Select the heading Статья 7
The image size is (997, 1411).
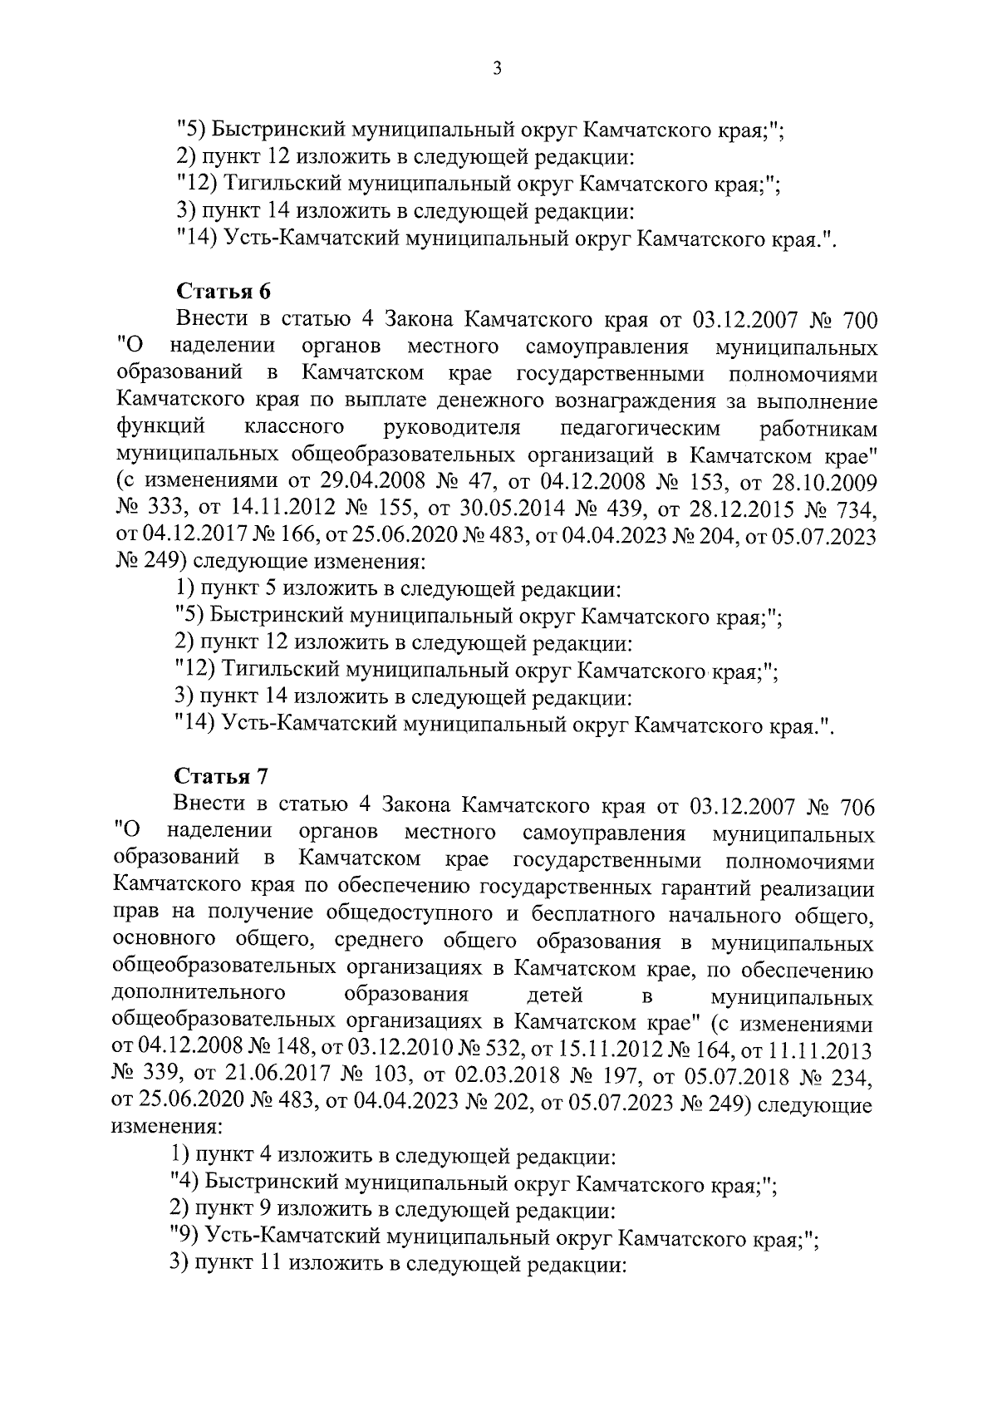pyautogui.click(x=223, y=777)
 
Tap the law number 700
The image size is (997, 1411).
pyautogui.click(x=860, y=320)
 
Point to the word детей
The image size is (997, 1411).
pyautogui.click(x=555, y=995)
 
